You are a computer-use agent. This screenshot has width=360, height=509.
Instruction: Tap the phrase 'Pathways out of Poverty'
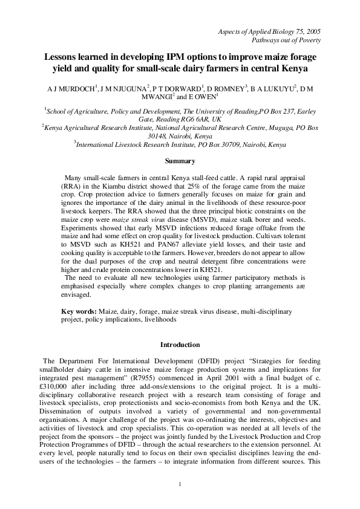pos(286,41)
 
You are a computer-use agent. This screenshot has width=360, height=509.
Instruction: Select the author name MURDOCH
pos(82,90)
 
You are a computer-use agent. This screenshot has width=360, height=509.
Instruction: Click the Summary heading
pos(180,161)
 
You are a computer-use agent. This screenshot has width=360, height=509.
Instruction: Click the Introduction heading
pos(180,345)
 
